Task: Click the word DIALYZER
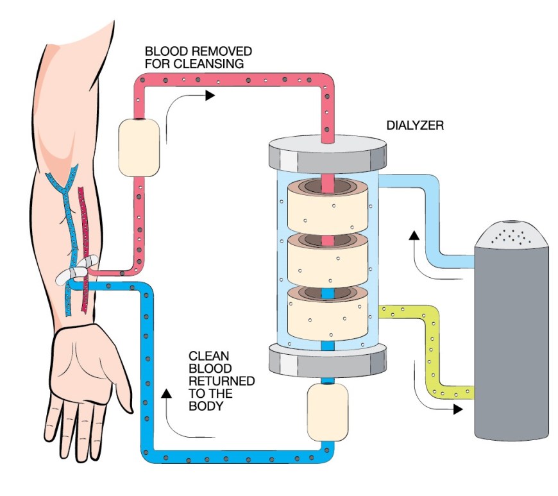[415, 125]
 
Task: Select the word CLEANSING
[209, 64]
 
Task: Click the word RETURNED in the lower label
[221, 381]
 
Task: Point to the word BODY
[206, 406]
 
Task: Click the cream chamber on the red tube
[139, 148]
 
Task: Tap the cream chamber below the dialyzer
[327, 412]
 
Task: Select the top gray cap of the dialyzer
[327, 153]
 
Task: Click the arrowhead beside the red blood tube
[210, 96]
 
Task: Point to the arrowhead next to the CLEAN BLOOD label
[166, 393]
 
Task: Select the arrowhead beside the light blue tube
[414, 235]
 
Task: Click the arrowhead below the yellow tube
[458, 409]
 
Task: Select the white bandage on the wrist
[76, 270]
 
